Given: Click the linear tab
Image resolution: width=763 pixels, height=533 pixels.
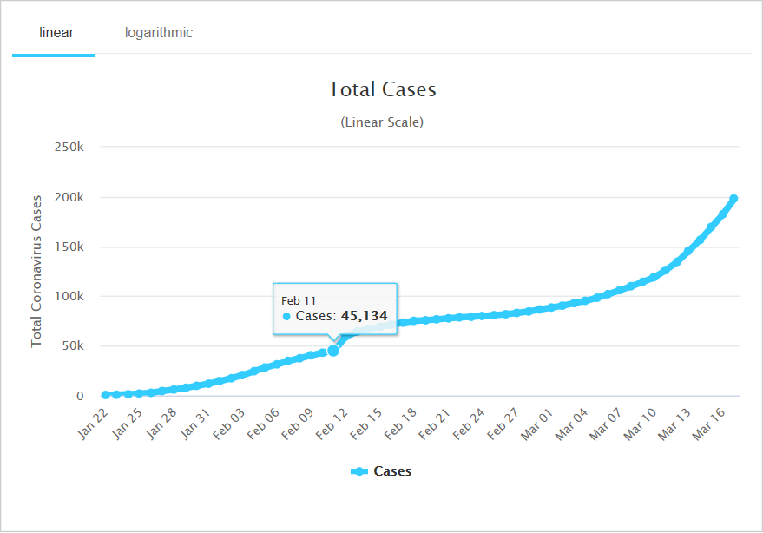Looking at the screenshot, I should point(56,33).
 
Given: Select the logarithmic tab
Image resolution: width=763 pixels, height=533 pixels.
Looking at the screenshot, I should point(159,33).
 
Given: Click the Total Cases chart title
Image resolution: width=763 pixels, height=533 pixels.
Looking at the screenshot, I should point(382,89).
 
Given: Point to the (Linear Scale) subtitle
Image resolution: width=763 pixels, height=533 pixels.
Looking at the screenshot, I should point(382,122).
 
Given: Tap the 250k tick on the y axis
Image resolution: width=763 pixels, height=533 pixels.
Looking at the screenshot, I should point(69,147).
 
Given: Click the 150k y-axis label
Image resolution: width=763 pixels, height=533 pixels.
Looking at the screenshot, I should point(69,247).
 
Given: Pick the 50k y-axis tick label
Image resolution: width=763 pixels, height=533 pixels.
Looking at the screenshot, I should point(71,346).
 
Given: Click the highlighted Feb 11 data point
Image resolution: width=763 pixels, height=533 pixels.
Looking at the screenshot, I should point(332,350).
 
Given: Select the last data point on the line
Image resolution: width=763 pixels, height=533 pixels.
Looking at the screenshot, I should point(733,199).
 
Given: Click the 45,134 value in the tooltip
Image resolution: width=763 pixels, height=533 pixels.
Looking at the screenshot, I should point(364,316).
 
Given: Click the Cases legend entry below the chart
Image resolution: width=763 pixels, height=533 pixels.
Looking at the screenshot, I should point(382,471).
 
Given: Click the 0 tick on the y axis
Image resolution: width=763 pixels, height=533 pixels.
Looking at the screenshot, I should point(80,396).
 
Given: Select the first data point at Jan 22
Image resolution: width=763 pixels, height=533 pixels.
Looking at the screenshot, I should point(105,395).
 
